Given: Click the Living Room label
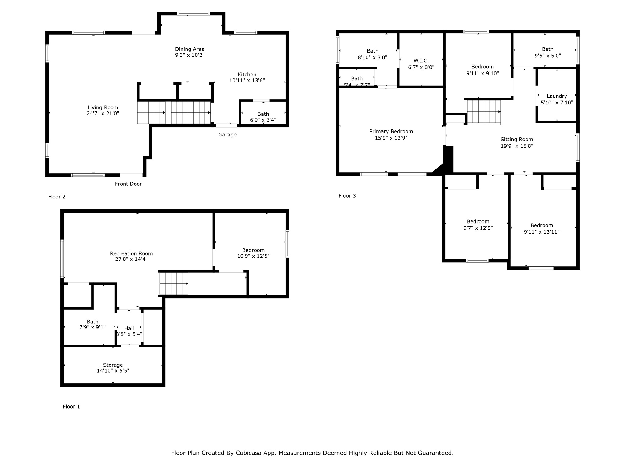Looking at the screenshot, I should pyautogui.click(x=103, y=107).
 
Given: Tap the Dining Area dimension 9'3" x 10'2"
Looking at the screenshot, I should pyautogui.click(x=190, y=55).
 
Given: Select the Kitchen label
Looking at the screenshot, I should pyautogui.click(x=247, y=75).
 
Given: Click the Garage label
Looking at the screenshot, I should pyautogui.click(x=227, y=135).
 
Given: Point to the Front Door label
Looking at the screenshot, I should pyautogui.click(x=128, y=184).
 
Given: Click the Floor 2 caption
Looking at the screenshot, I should pyautogui.click(x=57, y=197).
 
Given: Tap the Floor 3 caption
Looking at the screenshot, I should pyautogui.click(x=347, y=196).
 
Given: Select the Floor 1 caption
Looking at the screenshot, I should pyautogui.click(x=71, y=407).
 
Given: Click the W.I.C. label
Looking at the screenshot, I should pyautogui.click(x=421, y=61).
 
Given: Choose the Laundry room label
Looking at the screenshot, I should pyautogui.click(x=557, y=96).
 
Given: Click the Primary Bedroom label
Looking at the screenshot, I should pyautogui.click(x=391, y=132).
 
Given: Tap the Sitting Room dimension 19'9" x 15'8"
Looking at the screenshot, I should pyautogui.click(x=517, y=146).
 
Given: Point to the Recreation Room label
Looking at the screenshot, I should pyautogui.click(x=131, y=253).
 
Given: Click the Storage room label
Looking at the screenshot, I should pyautogui.click(x=113, y=365).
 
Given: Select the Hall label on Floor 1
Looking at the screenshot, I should pyautogui.click(x=129, y=329).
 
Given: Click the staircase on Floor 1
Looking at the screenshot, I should pyautogui.click(x=173, y=284).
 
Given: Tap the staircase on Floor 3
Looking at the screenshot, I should pyautogui.click(x=484, y=112).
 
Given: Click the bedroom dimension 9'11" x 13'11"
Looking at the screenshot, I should pyautogui.click(x=541, y=232).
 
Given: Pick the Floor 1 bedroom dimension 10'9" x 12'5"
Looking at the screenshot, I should pyautogui.click(x=253, y=256).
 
